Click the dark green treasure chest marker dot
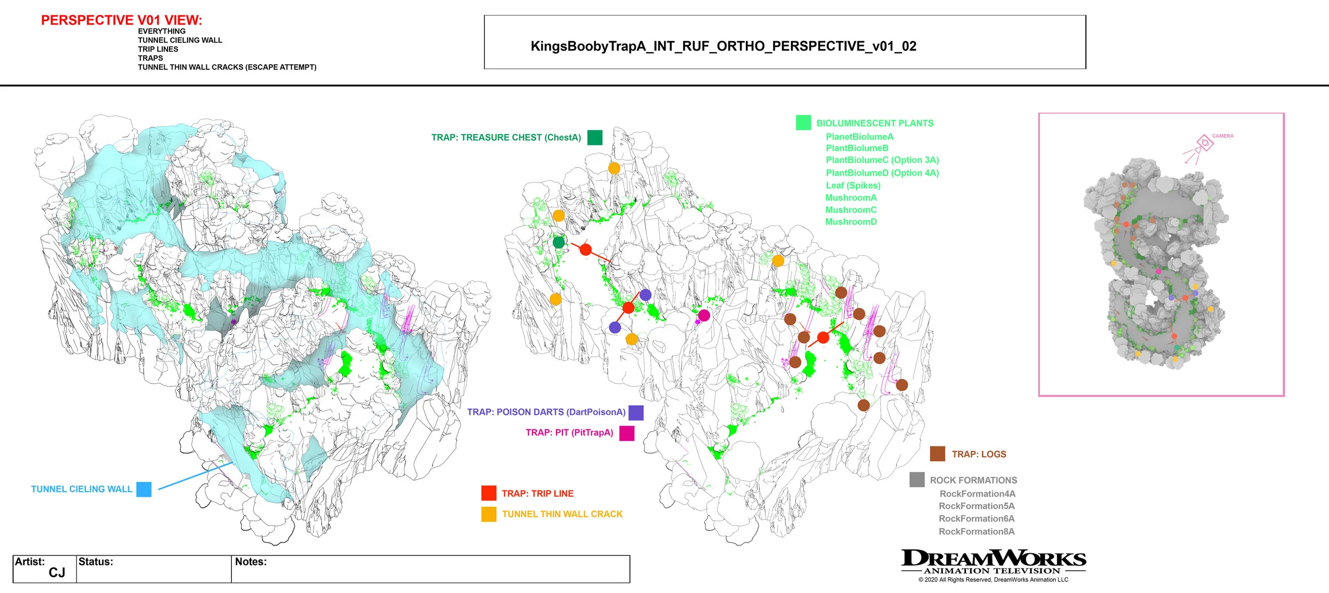coord(559,243)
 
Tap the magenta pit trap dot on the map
coord(704,315)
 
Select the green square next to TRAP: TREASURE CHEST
coord(595,138)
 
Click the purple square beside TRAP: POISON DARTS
coord(636,413)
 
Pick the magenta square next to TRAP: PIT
coord(627,433)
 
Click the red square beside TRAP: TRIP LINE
coord(489,494)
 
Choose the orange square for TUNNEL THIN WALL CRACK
coord(489,514)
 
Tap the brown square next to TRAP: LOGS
coord(937,454)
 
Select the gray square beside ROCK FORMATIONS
coord(916,480)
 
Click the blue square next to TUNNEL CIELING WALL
coord(144,489)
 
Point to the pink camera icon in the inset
coord(1204,143)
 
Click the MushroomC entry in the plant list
coord(851,210)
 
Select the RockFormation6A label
coord(977,519)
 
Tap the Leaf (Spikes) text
coord(853,186)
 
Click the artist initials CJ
coord(57,573)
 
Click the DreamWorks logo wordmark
coord(993,559)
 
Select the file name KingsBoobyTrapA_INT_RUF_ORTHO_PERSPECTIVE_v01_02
coord(723,46)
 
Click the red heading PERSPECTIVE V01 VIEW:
coord(121,20)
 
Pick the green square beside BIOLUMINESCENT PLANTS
coord(803,123)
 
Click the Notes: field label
coord(250,562)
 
